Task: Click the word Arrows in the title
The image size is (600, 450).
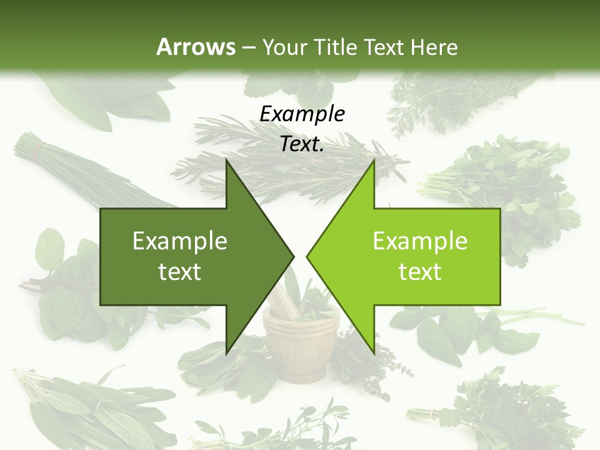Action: click(196, 47)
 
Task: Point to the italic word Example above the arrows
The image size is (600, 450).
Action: click(302, 114)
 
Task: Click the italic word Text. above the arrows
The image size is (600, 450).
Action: click(302, 144)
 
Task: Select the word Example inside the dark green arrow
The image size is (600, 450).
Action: click(180, 241)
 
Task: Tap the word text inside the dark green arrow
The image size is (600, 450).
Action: click(180, 272)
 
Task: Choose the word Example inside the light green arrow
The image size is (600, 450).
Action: click(420, 241)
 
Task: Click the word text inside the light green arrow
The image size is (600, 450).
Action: click(420, 272)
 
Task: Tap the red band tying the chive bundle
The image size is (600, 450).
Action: click(39, 149)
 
